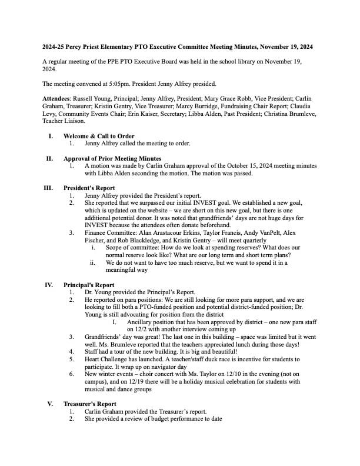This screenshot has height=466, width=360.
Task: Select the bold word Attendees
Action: click(x=58, y=98)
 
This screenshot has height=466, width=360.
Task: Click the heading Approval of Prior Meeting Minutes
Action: click(x=112, y=159)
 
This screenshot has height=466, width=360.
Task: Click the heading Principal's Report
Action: click(x=89, y=285)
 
